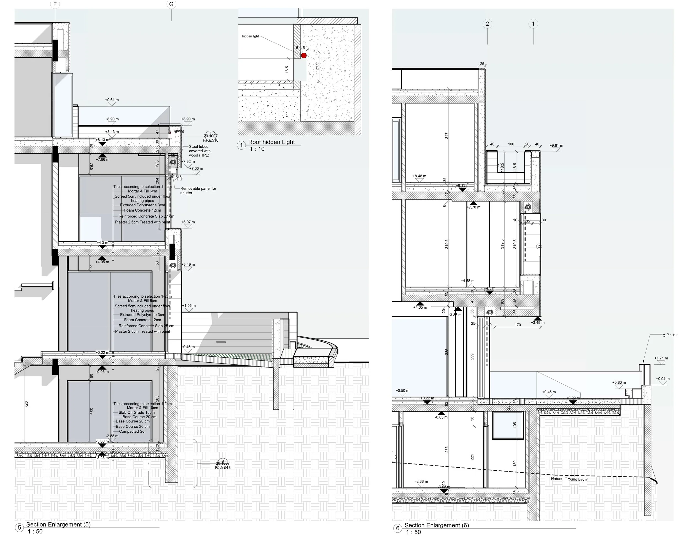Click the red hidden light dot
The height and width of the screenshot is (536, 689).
[x=304, y=55]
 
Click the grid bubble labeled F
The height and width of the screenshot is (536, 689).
[x=55, y=4]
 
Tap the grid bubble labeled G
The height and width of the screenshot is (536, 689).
[x=171, y=4]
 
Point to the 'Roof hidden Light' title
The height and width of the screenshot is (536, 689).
[x=271, y=142]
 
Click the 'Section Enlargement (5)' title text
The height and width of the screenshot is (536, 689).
[x=58, y=524]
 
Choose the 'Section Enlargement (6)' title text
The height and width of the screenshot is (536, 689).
[x=437, y=525]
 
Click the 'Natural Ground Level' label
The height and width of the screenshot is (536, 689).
[x=569, y=479]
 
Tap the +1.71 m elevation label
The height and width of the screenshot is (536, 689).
[x=661, y=358]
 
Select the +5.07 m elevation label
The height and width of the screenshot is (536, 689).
[x=188, y=222]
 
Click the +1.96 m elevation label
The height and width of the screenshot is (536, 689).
[x=189, y=306]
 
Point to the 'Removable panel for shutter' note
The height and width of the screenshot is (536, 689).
[x=198, y=190]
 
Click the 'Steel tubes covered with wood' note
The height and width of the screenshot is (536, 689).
[x=199, y=151]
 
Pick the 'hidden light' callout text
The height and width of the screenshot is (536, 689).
[x=250, y=36]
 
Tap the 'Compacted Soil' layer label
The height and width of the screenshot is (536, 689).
[x=133, y=432]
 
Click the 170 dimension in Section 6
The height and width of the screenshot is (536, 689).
[x=518, y=325]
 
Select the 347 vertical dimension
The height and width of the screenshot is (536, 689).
[x=446, y=136]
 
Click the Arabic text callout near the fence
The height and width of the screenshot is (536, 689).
[x=670, y=334]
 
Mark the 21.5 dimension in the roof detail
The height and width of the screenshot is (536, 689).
[x=317, y=66]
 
